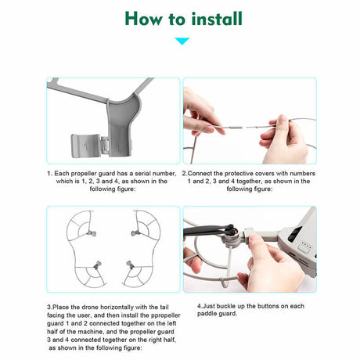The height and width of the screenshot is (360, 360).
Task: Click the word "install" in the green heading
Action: click(217, 19)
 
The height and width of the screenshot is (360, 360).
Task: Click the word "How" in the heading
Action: click(144, 19)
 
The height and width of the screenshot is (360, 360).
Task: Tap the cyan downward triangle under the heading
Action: click(182, 41)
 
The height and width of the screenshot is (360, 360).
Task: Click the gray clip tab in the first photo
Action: click(85, 146)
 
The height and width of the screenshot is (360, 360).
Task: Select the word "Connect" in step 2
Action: click(200, 174)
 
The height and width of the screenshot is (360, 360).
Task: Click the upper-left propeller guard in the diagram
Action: click(80, 226)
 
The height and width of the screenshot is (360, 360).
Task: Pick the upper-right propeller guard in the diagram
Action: click(146, 226)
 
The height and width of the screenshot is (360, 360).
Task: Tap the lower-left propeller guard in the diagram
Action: click(88, 274)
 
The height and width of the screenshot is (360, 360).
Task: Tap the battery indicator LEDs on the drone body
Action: click(305, 246)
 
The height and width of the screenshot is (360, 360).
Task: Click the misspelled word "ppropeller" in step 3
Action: click(167, 315)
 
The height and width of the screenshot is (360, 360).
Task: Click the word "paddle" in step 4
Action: click(207, 314)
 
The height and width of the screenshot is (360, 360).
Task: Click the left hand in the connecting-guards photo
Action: click(200, 113)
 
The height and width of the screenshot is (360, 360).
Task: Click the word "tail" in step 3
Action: click(164, 307)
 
